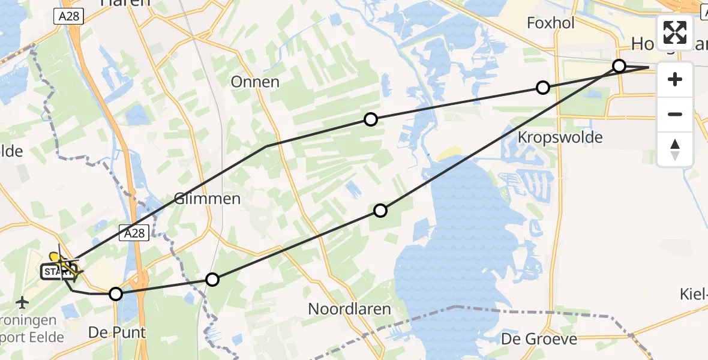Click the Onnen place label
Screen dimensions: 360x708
pos(255,82)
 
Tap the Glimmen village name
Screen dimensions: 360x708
pos(206,199)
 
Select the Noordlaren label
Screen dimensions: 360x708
pos(349,309)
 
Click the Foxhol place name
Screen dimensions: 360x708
pos(550,23)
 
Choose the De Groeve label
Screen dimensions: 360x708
pos(530,339)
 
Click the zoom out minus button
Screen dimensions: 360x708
pos(675,114)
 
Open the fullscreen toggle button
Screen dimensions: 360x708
pos(675,32)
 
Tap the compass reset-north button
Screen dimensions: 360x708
pos(675,149)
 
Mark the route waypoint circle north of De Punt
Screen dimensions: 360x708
pos(116,293)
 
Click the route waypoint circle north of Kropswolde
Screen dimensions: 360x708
pos(542,88)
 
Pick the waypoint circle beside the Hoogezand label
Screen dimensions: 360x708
pos(619,66)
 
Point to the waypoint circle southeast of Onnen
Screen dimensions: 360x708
pos(371,119)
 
